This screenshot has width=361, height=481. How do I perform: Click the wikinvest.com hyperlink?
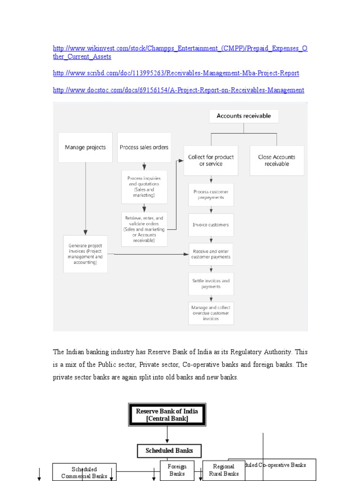point(180,49)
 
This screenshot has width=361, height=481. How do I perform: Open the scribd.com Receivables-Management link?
point(176,73)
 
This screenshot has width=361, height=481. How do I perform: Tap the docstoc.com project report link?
point(178,90)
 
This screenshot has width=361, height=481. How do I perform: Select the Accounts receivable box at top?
point(243,116)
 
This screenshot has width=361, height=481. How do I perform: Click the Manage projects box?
point(85,147)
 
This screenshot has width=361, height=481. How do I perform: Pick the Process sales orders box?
point(144,147)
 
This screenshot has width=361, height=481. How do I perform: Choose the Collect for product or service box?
point(211,160)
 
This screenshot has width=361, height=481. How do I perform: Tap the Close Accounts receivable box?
point(277,160)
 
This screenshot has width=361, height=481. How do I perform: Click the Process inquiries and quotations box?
point(144,186)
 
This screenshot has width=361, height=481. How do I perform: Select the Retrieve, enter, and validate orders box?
point(144,229)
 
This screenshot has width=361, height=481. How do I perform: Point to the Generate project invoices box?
point(85,254)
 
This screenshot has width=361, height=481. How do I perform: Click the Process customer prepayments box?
point(211,194)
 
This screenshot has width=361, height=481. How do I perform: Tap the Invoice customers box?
point(211,225)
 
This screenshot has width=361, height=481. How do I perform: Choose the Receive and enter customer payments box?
point(211,254)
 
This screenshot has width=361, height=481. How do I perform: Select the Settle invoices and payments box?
point(211,284)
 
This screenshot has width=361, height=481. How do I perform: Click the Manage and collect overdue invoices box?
point(211,313)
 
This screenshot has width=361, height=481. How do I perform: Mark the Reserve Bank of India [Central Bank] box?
point(167,415)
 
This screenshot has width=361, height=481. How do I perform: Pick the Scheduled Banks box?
point(169,451)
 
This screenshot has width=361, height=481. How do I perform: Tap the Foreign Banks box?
point(177,470)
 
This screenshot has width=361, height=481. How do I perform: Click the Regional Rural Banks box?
point(223,470)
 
